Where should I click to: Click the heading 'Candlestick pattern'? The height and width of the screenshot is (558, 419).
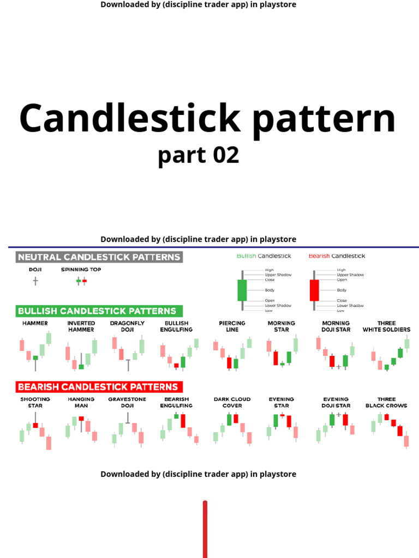(x=207, y=119)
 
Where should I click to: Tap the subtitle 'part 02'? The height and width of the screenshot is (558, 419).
(x=199, y=155)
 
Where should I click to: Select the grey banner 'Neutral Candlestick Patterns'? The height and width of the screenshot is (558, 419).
(x=99, y=257)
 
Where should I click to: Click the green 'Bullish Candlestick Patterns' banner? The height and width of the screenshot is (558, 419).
(x=99, y=311)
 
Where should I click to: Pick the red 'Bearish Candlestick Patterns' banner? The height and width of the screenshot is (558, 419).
(x=99, y=387)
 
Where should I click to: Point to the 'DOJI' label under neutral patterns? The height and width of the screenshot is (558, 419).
(x=35, y=270)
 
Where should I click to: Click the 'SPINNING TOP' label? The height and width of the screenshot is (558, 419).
(x=81, y=270)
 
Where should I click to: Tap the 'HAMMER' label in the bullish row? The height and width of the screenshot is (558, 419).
(x=35, y=323)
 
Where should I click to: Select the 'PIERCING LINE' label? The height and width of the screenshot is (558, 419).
(x=232, y=326)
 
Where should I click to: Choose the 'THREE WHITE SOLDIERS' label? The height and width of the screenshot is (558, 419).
(x=386, y=326)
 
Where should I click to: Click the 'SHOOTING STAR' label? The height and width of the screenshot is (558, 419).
(x=35, y=402)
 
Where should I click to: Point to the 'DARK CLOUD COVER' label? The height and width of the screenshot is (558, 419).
(x=232, y=402)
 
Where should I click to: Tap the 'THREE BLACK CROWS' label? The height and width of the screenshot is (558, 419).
(x=386, y=402)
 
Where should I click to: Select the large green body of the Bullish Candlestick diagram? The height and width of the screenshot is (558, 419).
(x=242, y=290)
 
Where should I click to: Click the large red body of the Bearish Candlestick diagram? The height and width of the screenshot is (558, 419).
(x=314, y=290)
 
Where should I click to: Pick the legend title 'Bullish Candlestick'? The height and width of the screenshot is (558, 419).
(x=264, y=256)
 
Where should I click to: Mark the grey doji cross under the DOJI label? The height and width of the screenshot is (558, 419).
(x=35, y=281)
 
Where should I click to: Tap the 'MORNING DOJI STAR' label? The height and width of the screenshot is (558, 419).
(x=336, y=326)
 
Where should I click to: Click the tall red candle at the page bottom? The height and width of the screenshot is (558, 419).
(x=205, y=529)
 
